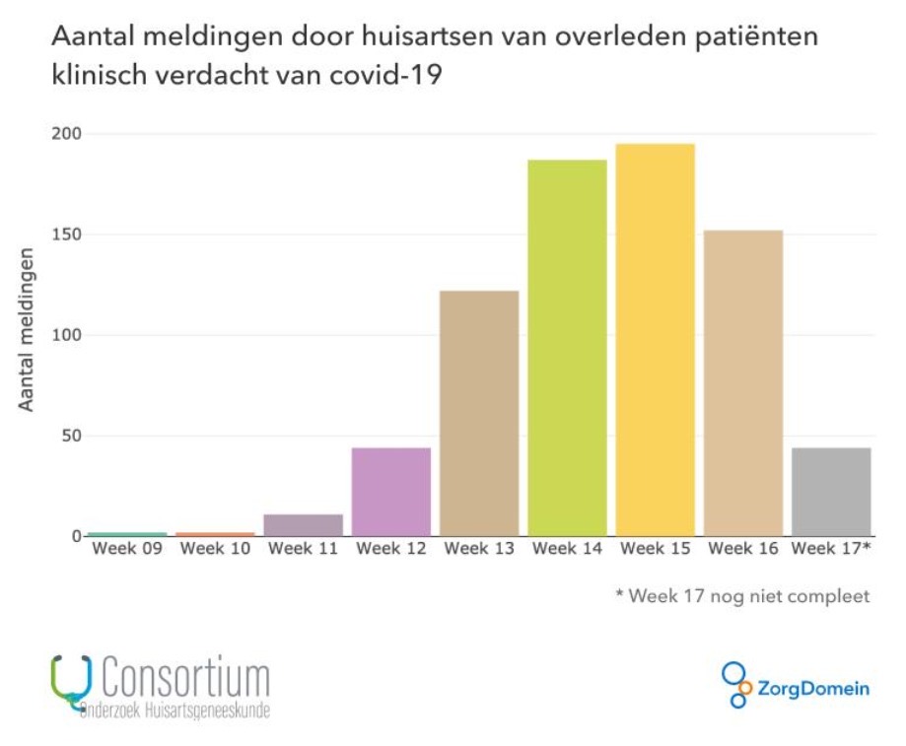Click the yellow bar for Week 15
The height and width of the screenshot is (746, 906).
[x=656, y=339]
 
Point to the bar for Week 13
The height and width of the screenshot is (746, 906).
[x=479, y=413]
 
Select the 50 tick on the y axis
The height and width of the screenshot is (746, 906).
[x=71, y=436]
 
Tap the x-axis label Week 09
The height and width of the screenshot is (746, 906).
[x=127, y=549]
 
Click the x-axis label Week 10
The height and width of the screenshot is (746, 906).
[x=215, y=549]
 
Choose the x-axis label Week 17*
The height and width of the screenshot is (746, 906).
[x=831, y=549]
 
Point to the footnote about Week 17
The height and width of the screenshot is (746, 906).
[x=742, y=596]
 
